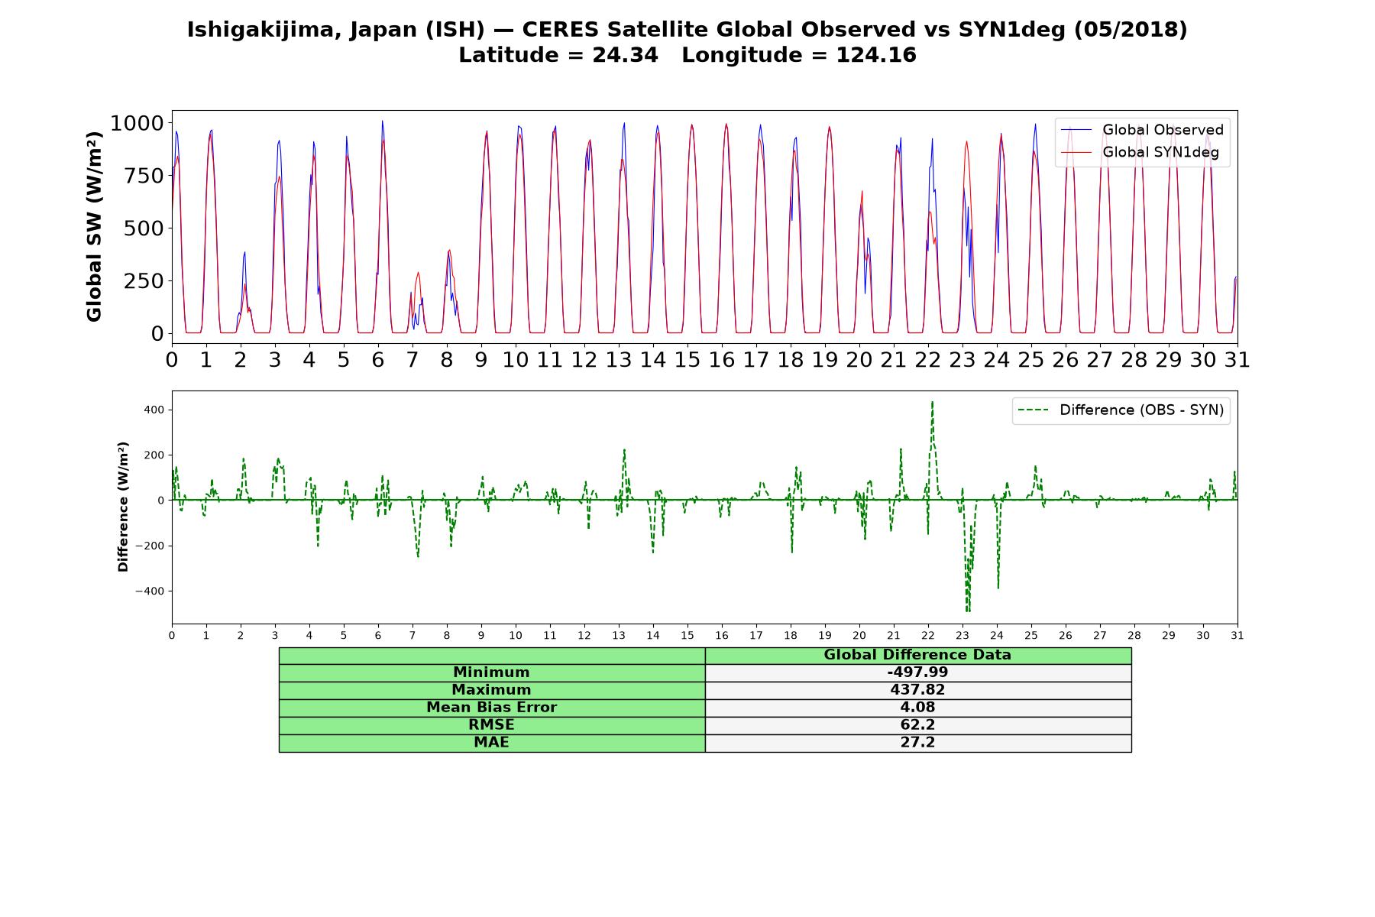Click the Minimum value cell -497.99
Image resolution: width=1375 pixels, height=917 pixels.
917,672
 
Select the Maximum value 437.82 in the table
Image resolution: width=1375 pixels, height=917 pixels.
917,690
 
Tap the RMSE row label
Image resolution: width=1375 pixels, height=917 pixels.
491,725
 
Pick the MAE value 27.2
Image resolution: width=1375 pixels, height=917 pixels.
917,743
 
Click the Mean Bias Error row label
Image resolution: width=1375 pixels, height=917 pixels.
491,708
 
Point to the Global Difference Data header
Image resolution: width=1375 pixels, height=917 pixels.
917,655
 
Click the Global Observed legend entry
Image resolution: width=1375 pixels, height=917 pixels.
1142,130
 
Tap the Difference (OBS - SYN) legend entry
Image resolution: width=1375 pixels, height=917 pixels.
1121,410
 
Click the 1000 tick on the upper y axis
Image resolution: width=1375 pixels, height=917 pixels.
137,123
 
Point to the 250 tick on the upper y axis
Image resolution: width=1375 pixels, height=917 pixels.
144,280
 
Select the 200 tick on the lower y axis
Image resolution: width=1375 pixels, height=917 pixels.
156,455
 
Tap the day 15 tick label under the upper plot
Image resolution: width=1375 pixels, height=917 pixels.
687,359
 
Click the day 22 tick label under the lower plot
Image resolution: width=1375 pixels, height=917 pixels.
928,635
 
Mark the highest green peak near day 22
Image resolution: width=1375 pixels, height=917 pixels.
932,402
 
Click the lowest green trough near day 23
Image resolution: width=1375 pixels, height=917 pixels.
968,611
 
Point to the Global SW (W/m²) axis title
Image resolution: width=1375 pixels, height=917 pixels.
94,227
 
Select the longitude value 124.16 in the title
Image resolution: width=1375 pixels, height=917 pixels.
876,55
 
